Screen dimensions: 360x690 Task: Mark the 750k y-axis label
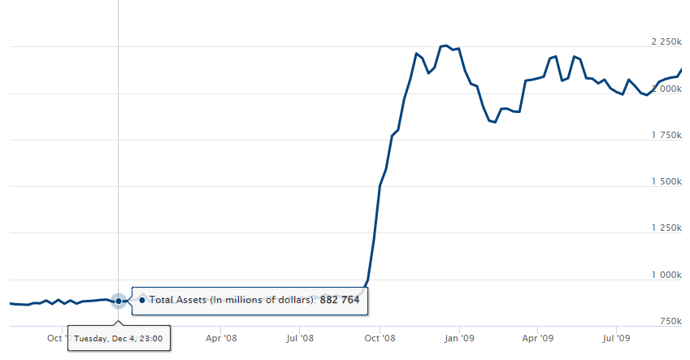click(x=671, y=322)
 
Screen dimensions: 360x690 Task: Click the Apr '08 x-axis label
click(x=221, y=337)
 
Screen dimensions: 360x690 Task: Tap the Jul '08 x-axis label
click(x=301, y=337)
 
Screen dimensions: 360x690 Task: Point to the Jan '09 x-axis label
click(x=461, y=337)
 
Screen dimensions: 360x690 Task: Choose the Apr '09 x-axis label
click(x=539, y=337)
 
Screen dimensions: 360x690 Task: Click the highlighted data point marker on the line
click(x=119, y=301)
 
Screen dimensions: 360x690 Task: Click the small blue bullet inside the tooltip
click(x=142, y=300)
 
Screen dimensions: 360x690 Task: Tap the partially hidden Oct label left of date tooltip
click(x=55, y=337)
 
